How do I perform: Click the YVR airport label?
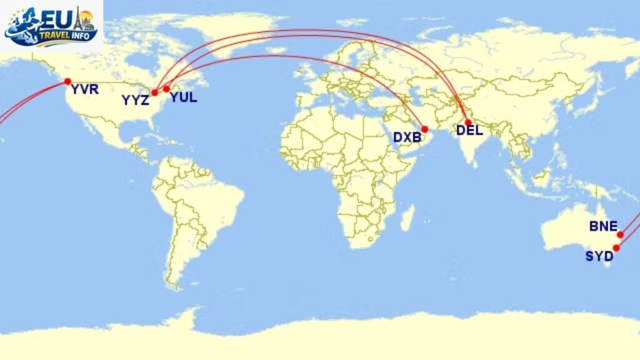85,90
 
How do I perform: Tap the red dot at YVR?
67,81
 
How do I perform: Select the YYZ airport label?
136,101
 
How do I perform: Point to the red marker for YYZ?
154,92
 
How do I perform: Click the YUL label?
183,97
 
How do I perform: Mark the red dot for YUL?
167,89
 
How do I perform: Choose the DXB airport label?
407,137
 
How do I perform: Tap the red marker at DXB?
425,129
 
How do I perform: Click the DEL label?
469,131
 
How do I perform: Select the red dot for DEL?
467,122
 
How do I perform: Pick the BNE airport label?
603,226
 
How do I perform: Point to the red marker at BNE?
620,235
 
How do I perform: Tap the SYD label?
599,256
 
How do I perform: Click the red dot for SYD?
616,248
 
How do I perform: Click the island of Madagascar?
407,217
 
